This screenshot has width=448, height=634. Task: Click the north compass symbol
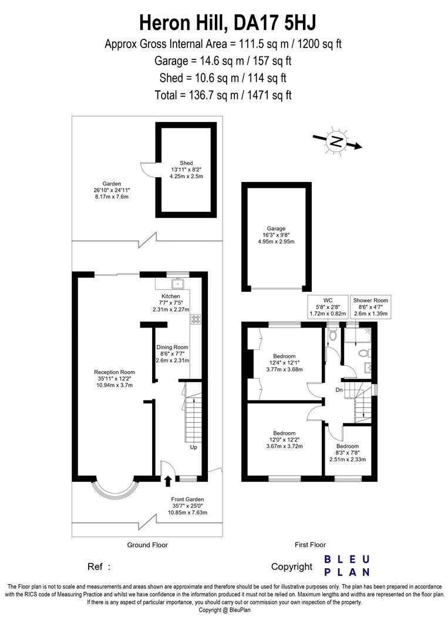[336, 141]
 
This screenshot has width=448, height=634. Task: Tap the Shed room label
[186, 170]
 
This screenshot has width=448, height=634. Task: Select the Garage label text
[275, 235]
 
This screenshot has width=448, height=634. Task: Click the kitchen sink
[177, 285]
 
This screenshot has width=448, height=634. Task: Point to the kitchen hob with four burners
[196, 320]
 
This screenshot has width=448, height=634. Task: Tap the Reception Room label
[114, 379]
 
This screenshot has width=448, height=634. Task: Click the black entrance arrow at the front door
[169, 481]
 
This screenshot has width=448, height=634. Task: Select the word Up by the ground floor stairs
[194, 447]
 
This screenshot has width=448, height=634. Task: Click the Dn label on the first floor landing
[339, 389]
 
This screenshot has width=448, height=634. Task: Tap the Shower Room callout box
[370, 307]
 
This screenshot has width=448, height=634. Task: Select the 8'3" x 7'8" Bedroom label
[352, 453]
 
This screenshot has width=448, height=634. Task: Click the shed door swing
[147, 168]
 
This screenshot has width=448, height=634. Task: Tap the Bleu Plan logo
[347, 565]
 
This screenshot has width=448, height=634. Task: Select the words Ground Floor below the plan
[147, 545]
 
